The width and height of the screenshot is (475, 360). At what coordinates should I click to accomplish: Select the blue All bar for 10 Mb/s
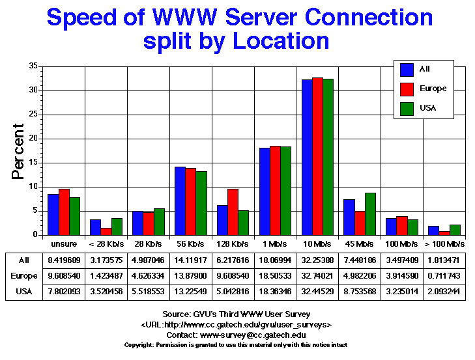pos(307,157)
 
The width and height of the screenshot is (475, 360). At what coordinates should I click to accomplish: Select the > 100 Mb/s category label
pos(444,244)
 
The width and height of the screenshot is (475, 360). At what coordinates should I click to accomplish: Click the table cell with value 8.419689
pos(65,258)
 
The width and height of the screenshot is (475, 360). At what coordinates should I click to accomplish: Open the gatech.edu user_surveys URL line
pos(237,324)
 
